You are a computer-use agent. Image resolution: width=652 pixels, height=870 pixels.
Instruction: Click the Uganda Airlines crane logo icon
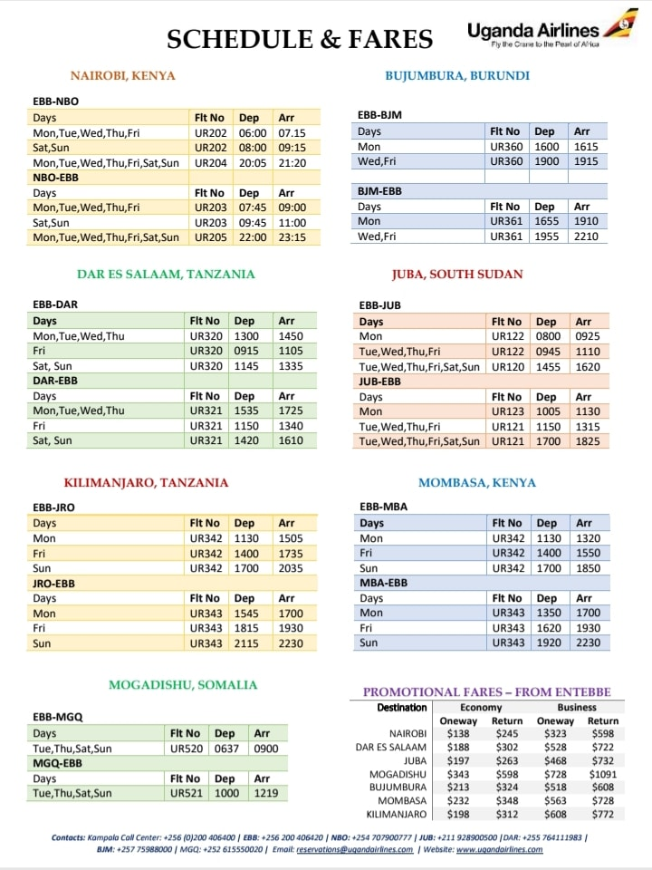click(x=622, y=24)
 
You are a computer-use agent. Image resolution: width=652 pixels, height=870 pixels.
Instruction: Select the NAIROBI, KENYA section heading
click(x=123, y=76)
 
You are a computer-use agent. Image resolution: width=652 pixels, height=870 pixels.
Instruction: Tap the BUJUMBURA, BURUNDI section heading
click(x=457, y=76)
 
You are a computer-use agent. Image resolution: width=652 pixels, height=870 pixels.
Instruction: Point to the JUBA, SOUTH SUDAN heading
click(x=457, y=274)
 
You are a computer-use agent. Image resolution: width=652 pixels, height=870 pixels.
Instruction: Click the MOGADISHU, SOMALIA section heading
click(x=183, y=685)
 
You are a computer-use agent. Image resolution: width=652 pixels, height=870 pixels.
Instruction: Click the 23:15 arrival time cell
click(x=292, y=237)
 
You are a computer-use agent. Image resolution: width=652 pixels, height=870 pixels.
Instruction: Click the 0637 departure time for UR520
click(x=225, y=749)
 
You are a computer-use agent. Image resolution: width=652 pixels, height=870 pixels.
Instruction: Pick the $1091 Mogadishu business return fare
click(x=603, y=774)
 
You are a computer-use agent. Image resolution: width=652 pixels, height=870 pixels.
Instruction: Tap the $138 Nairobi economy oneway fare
click(x=458, y=733)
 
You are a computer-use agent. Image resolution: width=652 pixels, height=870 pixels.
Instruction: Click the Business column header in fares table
click(x=577, y=707)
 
